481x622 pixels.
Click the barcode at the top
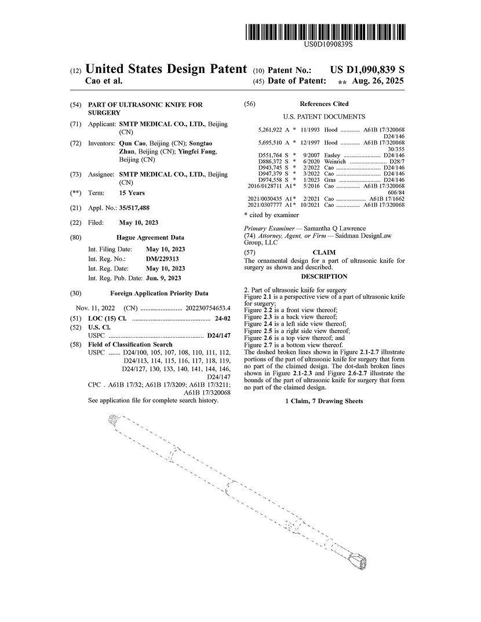(325, 31)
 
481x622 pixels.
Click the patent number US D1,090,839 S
(367, 69)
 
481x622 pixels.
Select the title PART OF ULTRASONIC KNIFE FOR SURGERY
(145, 108)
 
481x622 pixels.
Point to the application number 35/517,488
(134, 207)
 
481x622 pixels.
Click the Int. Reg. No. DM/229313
(162, 259)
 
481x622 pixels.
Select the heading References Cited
(324, 104)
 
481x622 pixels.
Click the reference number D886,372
(269, 162)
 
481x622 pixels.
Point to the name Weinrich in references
(335, 162)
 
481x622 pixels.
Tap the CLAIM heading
(324, 253)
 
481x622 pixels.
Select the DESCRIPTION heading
(324, 276)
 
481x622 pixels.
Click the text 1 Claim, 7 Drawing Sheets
(324, 401)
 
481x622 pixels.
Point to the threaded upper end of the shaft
(115, 418)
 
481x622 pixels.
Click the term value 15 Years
(132, 193)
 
